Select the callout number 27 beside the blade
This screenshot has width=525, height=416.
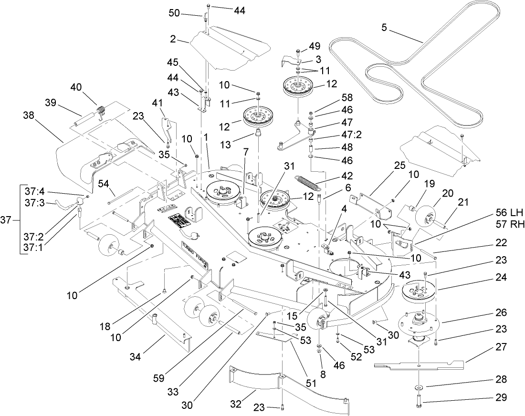(501, 348)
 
